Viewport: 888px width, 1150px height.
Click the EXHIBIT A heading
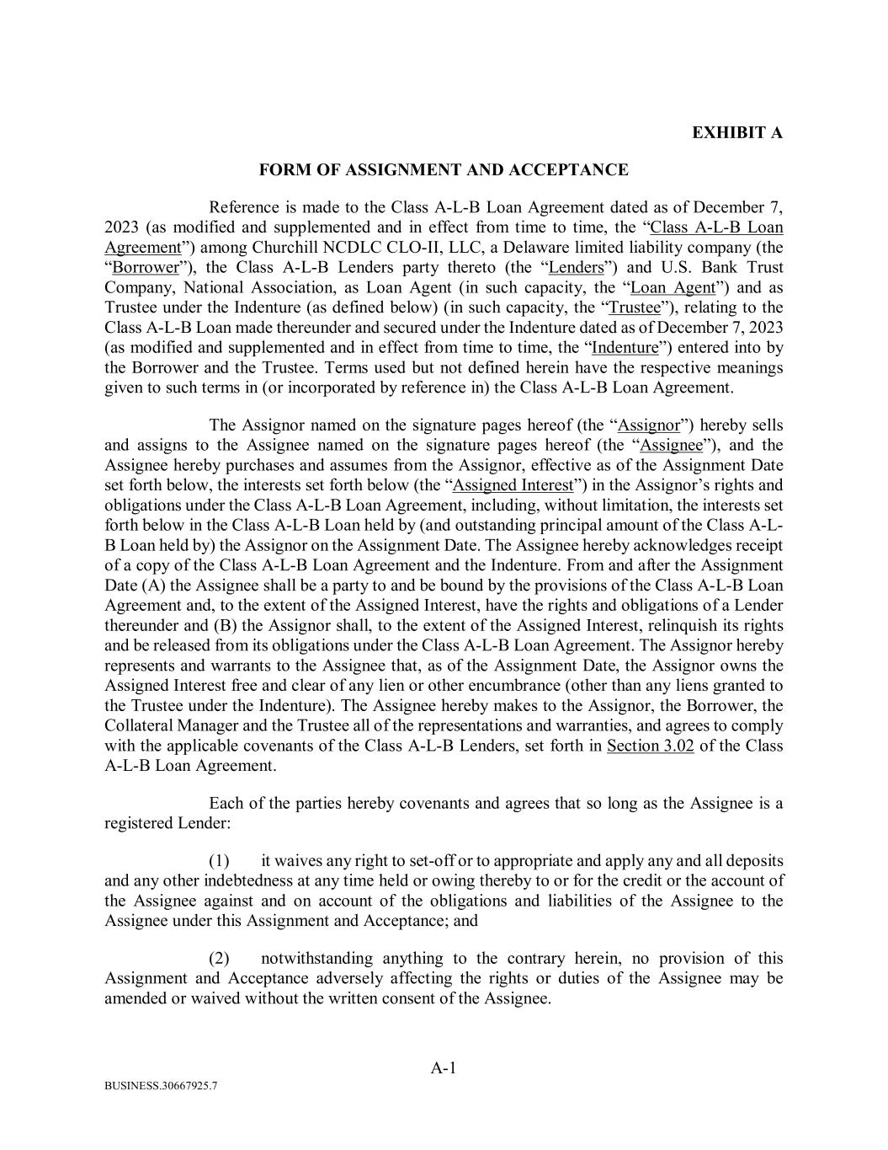pos(736,133)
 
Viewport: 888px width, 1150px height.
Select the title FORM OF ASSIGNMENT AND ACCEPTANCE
pos(444,170)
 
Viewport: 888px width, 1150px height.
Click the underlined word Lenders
pos(577,268)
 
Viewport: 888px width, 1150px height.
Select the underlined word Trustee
pos(635,308)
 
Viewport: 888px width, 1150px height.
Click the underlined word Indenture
pos(625,348)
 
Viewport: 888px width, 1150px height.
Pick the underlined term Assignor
pos(648,425)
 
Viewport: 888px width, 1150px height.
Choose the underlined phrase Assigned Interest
pos(513,485)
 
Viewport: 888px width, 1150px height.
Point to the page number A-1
pos(444,1068)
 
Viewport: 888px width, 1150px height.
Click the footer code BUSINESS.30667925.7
pos(161,1110)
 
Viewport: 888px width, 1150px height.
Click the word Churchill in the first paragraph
pos(284,248)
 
